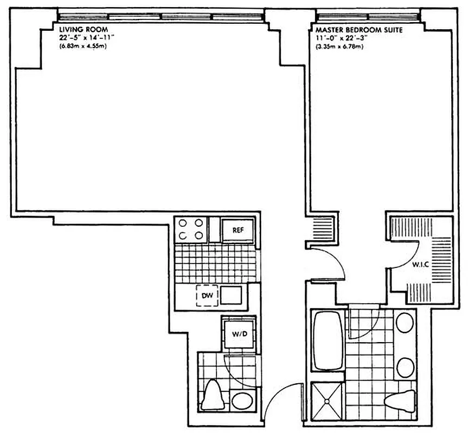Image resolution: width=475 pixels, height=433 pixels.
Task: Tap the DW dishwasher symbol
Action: click(207, 296)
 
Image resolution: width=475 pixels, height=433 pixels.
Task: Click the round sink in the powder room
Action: click(241, 402)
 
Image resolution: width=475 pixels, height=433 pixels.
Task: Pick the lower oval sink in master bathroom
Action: click(404, 368)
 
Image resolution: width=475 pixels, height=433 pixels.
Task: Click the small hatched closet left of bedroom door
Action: click(320, 227)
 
